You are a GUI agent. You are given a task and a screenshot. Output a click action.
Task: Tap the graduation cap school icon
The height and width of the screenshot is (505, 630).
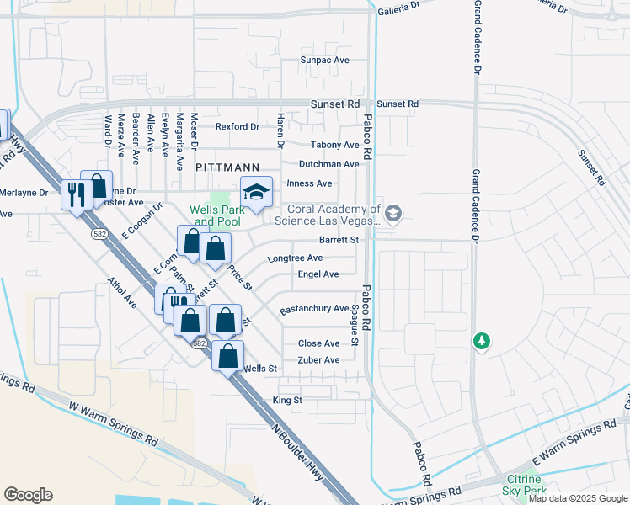257,193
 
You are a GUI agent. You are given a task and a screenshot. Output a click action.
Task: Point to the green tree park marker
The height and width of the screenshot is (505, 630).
481,342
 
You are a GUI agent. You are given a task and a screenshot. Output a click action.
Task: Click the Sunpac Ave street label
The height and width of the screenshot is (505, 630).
325,61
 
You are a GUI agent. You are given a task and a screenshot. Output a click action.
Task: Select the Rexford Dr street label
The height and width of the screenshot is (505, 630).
237,127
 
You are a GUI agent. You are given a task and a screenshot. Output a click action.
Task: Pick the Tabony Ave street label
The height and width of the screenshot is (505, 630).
334,145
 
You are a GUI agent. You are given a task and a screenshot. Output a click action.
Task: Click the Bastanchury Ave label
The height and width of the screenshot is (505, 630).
313,309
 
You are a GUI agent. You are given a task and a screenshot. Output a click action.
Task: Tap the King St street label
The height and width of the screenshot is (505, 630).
287,400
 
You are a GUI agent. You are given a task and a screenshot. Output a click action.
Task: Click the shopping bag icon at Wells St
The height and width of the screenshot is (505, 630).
227,356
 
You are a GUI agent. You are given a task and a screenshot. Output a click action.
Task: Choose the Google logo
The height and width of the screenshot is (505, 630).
28,495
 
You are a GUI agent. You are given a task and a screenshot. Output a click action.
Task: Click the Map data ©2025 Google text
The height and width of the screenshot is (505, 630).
578,498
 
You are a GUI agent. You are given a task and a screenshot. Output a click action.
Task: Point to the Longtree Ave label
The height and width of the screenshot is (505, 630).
295,258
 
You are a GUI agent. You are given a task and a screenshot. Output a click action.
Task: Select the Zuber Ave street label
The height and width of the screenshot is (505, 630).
319,360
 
